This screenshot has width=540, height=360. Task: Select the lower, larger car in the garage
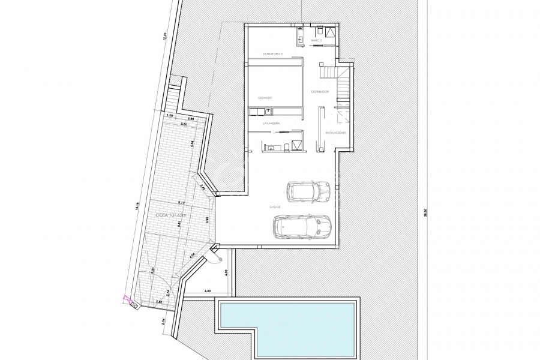pyautogui.click(x=302, y=226)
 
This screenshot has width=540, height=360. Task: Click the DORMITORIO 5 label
pyautogui.click(x=273, y=54)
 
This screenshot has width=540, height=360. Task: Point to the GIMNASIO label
pyautogui.click(x=265, y=97)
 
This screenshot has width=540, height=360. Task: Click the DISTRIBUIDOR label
pyautogui.click(x=319, y=91)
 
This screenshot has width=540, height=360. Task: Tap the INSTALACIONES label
pyautogui.click(x=335, y=132)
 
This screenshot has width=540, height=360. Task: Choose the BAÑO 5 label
pyautogui.click(x=316, y=41)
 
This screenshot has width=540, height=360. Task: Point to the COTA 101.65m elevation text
pyautogui.click(x=171, y=214)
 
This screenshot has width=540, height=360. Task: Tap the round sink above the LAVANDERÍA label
pyautogui.click(x=268, y=110)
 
